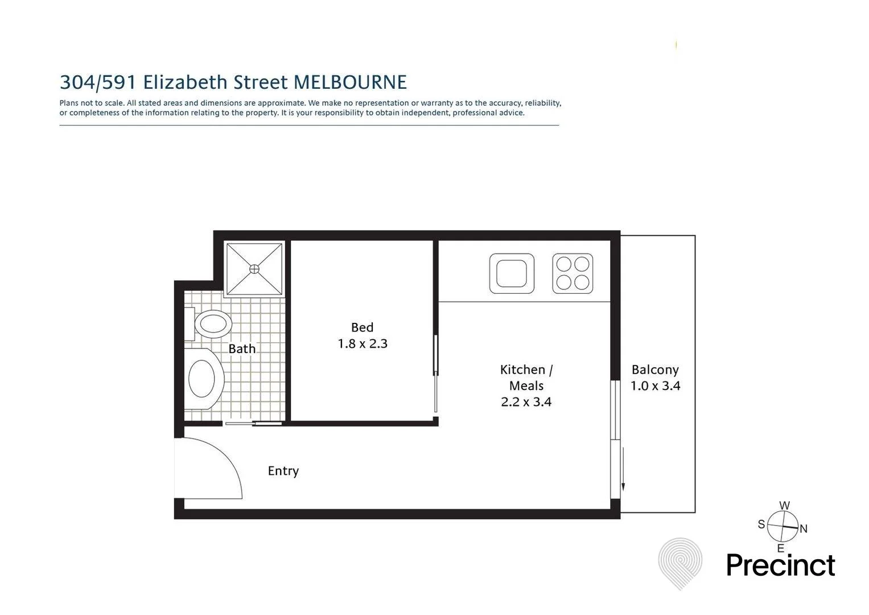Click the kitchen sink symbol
512,273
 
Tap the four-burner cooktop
573,273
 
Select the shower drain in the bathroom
254,268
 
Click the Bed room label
362,327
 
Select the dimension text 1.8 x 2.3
363,344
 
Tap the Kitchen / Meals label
526,377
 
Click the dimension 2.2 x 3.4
526,402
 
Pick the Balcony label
655,370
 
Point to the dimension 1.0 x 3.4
655,386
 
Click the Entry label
283,471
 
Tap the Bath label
242,348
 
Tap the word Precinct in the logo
780,566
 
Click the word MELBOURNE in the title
350,83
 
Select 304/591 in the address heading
98,83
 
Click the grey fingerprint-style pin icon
680,563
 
